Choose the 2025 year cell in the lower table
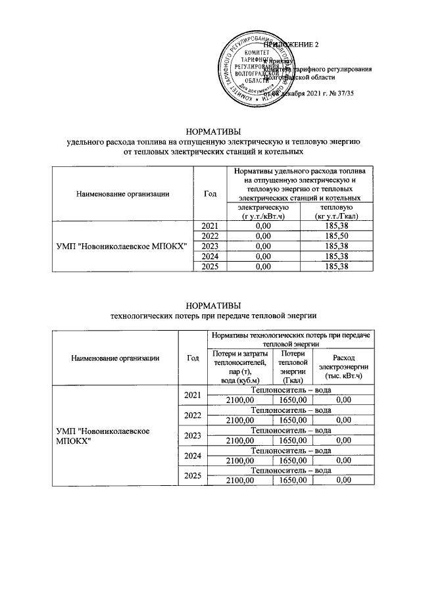tap(193, 475)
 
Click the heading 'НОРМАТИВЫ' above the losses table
tap(210, 305)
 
